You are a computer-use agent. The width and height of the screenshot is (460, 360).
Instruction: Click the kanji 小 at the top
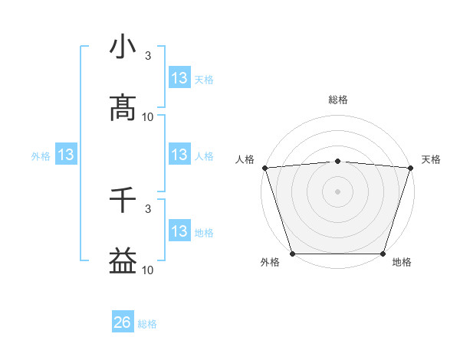coord(123,48)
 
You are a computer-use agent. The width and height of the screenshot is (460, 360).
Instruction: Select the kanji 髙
coord(123,108)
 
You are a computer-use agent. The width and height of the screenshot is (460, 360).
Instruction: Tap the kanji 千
coord(123,200)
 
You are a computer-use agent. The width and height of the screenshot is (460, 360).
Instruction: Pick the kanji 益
coord(123,261)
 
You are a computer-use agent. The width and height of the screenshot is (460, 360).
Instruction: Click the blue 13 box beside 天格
coord(179,77)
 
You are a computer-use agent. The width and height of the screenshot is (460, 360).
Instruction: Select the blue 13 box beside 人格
coord(179,155)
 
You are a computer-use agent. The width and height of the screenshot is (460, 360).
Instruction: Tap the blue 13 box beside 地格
coord(179,231)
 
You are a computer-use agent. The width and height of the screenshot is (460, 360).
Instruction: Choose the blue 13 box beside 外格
coord(66,155)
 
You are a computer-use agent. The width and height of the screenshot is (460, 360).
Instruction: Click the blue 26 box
coord(123,322)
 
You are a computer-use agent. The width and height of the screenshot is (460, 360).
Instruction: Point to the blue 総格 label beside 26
coord(147,324)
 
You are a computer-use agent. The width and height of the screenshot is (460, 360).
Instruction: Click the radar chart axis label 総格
coord(337,100)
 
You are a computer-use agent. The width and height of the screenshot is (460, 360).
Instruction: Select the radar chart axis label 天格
coord(432,159)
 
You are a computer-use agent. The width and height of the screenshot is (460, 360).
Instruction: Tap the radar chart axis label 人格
coord(245,159)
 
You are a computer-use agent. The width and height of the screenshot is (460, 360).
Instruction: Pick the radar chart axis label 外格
coord(270,263)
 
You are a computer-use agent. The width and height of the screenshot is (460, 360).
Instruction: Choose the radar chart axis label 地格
coord(402,263)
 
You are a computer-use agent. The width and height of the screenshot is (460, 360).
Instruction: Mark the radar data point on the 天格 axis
coord(411,168)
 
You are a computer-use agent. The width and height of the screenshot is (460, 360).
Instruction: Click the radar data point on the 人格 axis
coord(264,168)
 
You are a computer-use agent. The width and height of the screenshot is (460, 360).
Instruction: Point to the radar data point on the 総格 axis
coord(337,161)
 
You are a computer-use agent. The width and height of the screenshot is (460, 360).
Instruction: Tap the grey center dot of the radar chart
coord(337,191)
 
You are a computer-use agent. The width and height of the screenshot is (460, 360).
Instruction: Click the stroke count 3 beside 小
coord(148,55)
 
